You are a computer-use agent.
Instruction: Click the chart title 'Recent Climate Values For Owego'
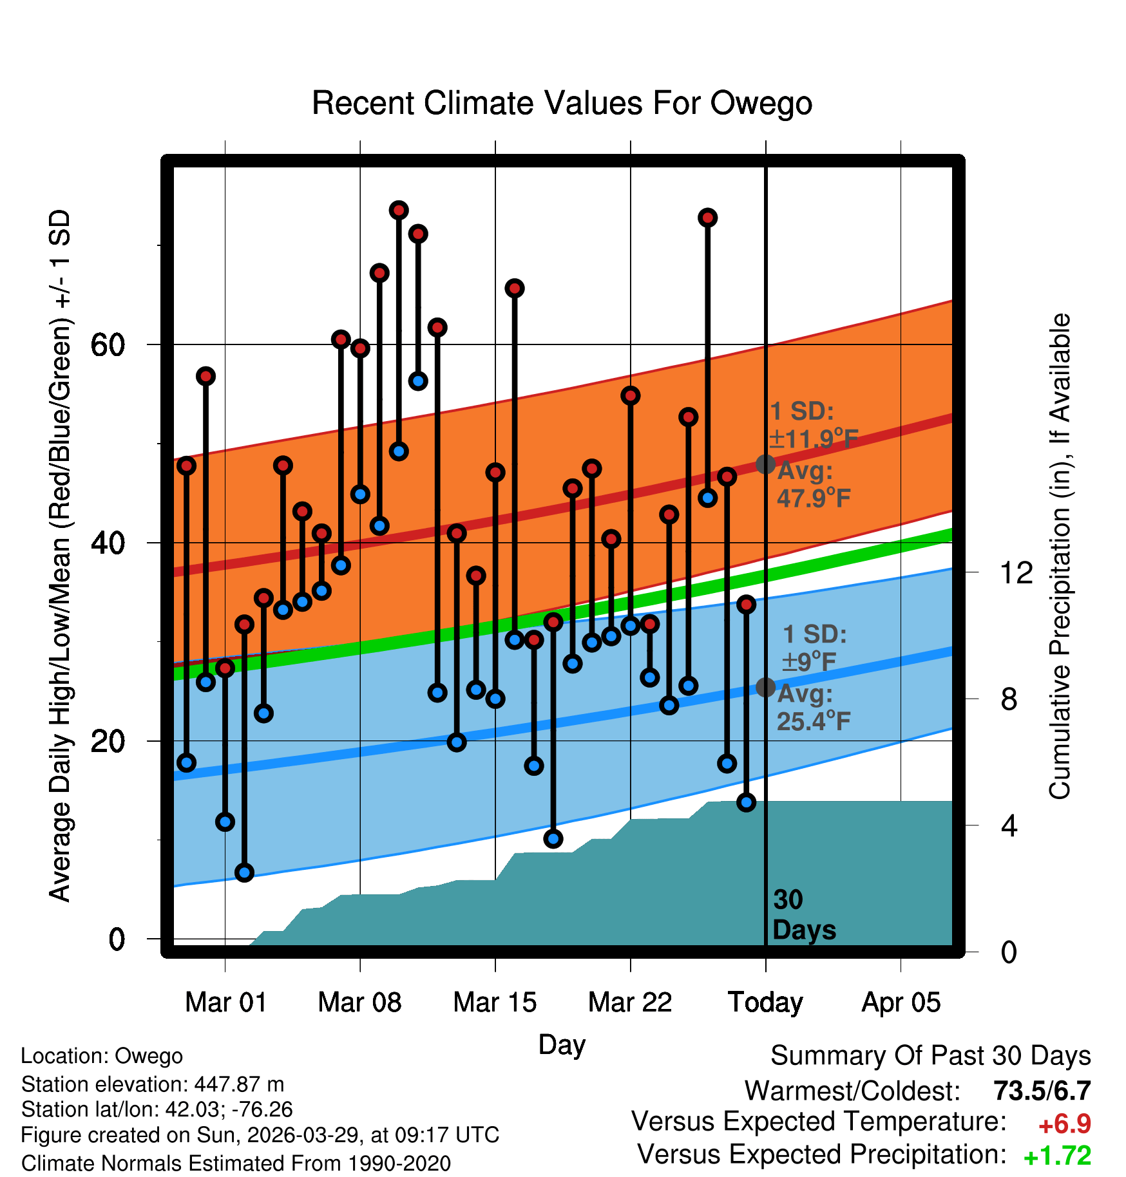[562, 103]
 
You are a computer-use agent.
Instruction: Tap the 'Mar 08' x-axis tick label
[359, 1003]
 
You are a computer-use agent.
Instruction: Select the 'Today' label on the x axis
[765, 1003]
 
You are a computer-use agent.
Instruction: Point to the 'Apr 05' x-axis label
[901, 1003]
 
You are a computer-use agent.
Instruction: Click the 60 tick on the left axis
[108, 345]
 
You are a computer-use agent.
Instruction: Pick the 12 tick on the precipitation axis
[1016, 572]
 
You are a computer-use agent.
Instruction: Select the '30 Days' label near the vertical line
[804, 915]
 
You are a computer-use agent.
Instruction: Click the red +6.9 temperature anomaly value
[1064, 1124]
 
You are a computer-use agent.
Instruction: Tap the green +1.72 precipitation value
[1057, 1156]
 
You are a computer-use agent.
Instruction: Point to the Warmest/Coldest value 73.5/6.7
[1042, 1091]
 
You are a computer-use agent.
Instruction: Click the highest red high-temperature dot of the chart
[399, 210]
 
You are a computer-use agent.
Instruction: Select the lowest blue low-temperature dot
[244, 872]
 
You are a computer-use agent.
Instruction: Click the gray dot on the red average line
[765, 464]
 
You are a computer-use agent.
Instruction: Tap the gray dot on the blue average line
[765, 687]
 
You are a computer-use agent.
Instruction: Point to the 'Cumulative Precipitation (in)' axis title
[1060, 557]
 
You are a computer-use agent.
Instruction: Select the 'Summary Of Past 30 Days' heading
[931, 1056]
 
